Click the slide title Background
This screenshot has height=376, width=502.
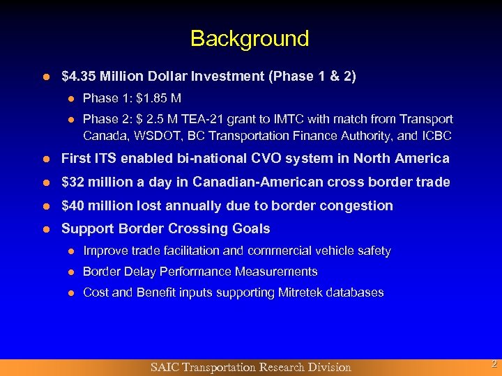(250, 38)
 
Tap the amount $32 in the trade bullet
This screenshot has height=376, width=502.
(71, 182)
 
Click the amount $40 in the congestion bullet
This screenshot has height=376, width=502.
(71, 205)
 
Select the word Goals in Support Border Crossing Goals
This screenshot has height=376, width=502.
(251, 228)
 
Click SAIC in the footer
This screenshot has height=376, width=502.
(166, 367)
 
